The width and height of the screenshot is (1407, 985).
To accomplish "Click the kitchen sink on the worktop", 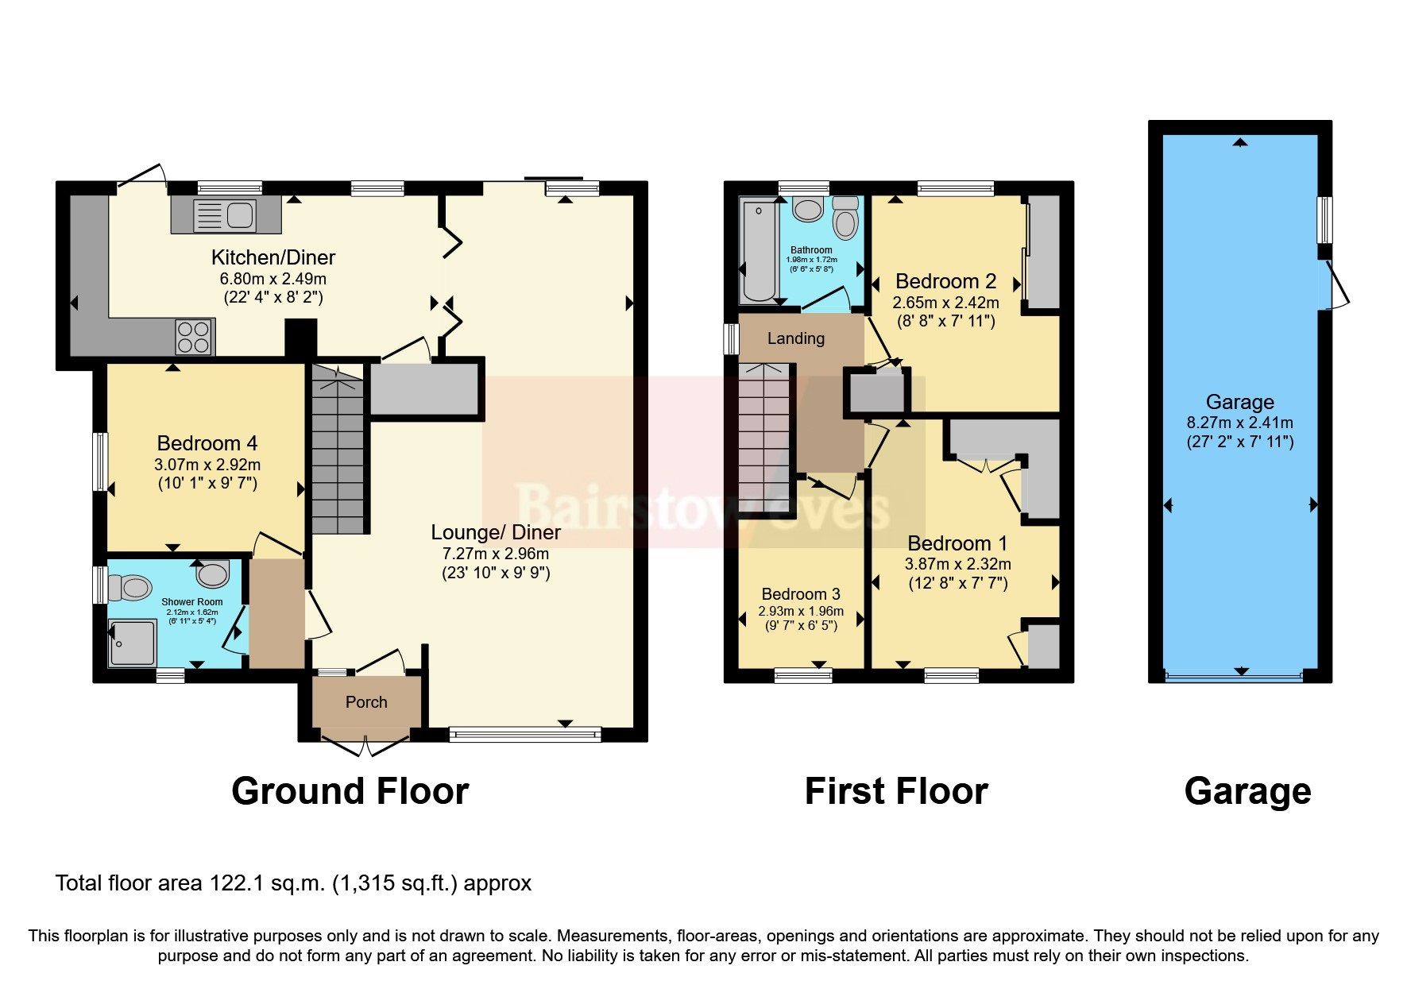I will click(x=226, y=214).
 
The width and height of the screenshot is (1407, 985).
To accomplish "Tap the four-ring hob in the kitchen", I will click(x=194, y=336).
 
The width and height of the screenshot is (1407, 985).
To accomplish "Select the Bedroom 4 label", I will click(x=207, y=443).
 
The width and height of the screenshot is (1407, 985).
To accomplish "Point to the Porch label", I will click(x=366, y=702).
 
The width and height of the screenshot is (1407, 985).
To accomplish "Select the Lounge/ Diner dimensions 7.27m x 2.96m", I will click(x=496, y=554).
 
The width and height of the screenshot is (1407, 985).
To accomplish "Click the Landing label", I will click(x=795, y=338).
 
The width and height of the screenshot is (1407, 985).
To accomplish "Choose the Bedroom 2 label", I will click(x=945, y=281).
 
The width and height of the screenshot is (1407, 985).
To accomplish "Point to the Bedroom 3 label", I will click(x=800, y=594).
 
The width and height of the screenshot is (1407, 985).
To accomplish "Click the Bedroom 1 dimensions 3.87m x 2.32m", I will click(x=957, y=564).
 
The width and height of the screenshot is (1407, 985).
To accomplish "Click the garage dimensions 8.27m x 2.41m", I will click(x=1239, y=423).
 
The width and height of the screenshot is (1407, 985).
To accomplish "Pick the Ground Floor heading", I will click(x=350, y=791).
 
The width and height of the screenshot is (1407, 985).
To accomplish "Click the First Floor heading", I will click(x=895, y=791).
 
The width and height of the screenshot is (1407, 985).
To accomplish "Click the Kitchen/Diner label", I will click(x=273, y=257).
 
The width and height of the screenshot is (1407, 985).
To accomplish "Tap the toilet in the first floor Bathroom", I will click(x=845, y=218).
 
